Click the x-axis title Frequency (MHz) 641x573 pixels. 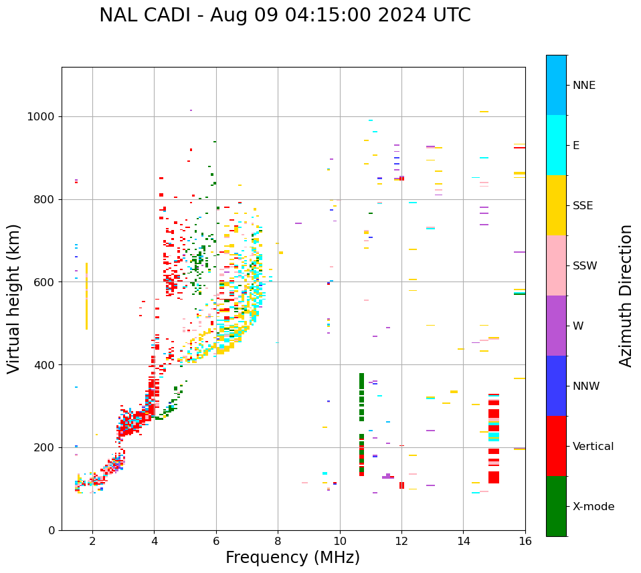pos(292,558)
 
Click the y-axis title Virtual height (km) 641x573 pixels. pos(14,299)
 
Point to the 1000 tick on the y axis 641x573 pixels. pos(44,116)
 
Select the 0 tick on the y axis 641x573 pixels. pos(54,530)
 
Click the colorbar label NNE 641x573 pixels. pos(583,86)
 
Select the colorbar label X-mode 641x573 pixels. pos(593,507)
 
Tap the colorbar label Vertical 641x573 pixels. pos(593,447)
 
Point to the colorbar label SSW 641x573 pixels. pos(585,266)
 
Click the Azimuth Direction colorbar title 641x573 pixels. pos(626,296)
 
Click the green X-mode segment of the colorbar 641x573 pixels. pos(556,506)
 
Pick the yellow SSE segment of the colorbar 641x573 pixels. pos(556,205)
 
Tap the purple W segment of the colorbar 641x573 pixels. pos(556,326)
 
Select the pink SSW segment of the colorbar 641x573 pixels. pos(556,265)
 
